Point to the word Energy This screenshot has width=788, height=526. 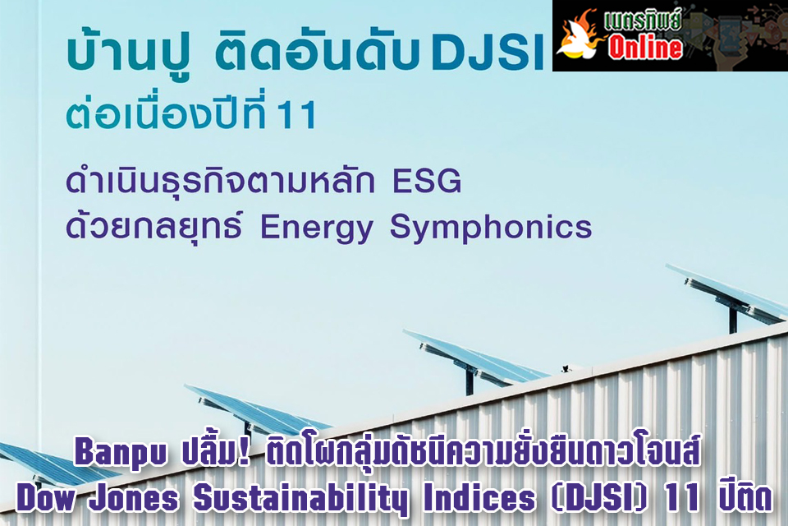coord(316,228)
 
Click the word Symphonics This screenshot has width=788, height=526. coord(491,228)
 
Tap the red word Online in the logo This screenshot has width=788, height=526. coord(645,47)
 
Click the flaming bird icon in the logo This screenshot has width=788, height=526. coord(580,35)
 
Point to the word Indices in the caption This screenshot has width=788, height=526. coord(479,498)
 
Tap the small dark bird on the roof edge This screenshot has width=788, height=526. coord(566,368)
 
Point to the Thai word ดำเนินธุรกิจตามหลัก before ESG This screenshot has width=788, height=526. coord(220,182)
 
